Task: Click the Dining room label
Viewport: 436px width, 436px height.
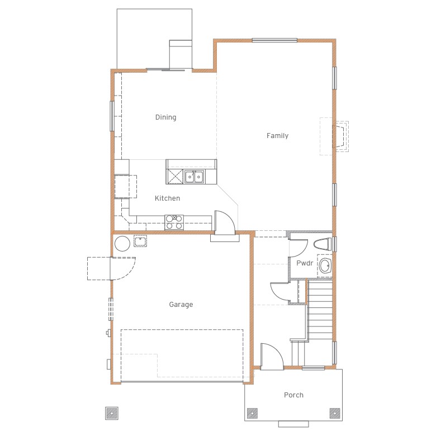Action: coord(165,117)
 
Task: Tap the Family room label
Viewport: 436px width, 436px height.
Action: coord(277,136)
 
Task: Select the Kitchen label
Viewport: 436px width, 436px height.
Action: coord(167,198)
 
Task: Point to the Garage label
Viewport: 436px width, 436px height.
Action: coord(181,305)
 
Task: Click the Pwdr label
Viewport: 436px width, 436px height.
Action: coord(305,263)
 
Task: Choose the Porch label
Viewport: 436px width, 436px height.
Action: coord(293,395)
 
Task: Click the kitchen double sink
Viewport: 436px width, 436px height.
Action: coord(194,177)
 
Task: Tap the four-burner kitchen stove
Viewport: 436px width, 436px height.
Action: coord(174,222)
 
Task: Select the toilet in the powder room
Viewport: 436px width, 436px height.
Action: coord(323,244)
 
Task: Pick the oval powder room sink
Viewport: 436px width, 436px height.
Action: coord(325,266)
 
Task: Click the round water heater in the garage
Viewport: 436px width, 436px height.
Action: coord(122,244)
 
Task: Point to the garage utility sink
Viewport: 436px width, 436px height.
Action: coord(140,241)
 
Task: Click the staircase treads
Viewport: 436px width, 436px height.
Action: coord(320,310)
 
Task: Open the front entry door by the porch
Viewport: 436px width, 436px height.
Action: coord(272,357)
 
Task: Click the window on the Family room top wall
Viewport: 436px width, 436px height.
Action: coord(274,41)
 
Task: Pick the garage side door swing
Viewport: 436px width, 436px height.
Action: coord(124,269)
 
